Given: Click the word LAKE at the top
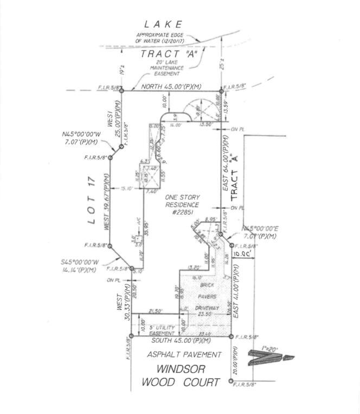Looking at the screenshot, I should pos(163,24).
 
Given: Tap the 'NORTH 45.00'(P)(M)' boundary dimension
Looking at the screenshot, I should pos(172,87).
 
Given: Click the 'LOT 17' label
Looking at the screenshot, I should pos(92,200).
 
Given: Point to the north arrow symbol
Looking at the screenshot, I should pos(269,358).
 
